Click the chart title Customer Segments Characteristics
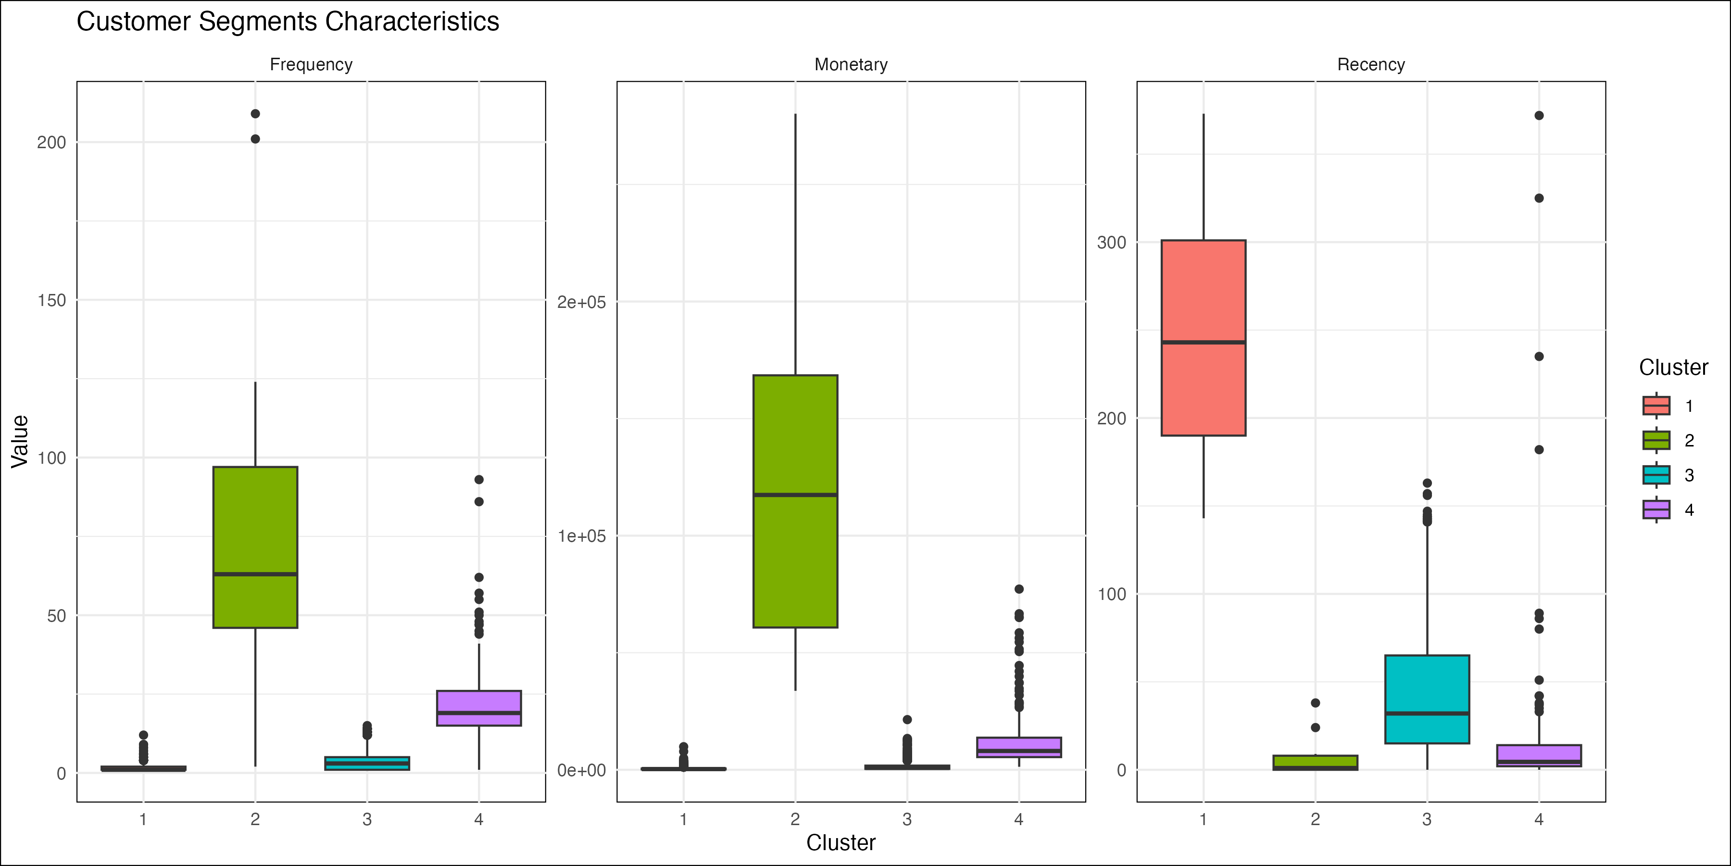288,22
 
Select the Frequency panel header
311,64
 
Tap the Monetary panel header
851,64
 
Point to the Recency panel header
1371,64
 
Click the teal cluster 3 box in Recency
1427,686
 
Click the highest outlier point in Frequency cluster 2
255,114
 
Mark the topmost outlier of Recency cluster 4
1539,115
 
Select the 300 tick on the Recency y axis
1111,243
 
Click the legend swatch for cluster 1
1656,406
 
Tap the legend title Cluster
1673,367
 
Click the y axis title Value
20,441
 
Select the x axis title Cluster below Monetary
840,842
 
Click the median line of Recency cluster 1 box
1203,342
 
